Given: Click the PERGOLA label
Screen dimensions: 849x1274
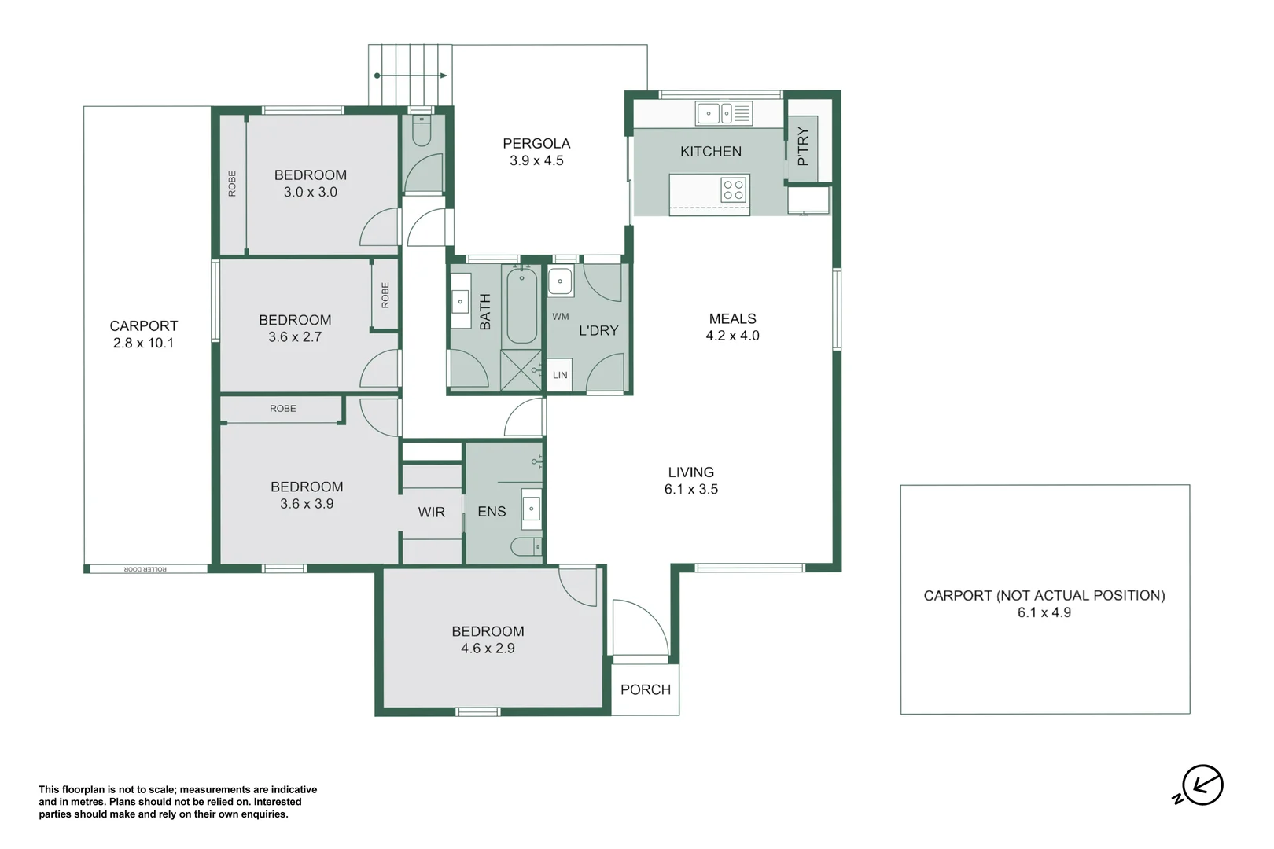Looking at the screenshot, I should [x=536, y=143].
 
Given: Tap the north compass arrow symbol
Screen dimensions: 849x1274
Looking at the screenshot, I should [x=1202, y=785].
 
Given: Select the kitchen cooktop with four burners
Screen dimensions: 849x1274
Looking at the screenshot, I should [x=733, y=189].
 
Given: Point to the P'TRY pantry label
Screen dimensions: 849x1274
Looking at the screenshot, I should [x=803, y=146].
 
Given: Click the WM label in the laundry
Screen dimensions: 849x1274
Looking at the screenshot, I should [x=561, y=317].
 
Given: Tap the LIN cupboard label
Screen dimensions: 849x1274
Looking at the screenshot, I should [x=560, y=375].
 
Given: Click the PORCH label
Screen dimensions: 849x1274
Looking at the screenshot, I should [x=645, y=689].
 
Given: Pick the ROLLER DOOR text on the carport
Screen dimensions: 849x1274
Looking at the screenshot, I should [x=145, y=568].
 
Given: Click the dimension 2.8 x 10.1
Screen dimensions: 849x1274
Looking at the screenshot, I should [x=143, y=343].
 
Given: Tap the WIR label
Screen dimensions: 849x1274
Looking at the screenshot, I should [x=431, y=512].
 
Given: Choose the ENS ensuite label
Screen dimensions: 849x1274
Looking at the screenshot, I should [x=492, y=512].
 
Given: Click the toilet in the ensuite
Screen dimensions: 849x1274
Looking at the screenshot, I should [x=525, y=546].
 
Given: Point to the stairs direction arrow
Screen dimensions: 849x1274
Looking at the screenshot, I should [x=411, y=75].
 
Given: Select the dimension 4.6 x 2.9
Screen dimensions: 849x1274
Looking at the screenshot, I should [x=488, y=649].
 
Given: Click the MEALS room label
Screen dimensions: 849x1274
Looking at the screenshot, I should [x=732, y=318].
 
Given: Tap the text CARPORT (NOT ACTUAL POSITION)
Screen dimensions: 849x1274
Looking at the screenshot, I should [x=1044, y=595].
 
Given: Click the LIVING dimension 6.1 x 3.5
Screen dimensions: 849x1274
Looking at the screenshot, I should [x=690, y=489].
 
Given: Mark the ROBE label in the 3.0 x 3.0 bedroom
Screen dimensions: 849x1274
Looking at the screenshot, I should [x=232, y=183].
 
